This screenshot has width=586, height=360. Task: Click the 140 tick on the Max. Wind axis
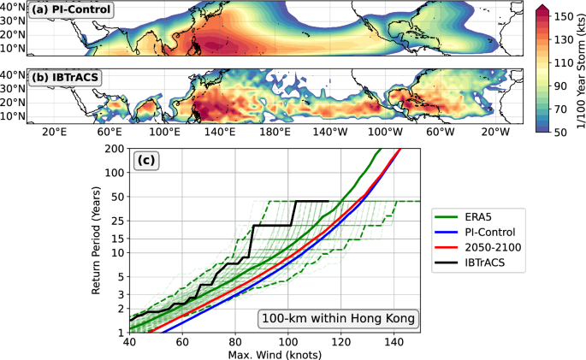394,342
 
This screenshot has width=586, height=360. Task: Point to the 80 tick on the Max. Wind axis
236,342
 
